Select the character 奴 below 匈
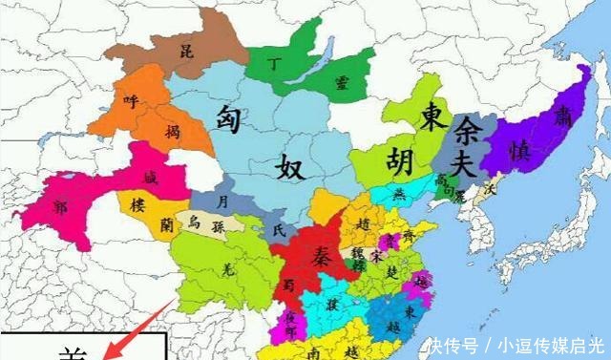[x=290, y=169]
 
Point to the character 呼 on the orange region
[x=130, y=96]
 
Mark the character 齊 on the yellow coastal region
[x=410, y=233]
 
